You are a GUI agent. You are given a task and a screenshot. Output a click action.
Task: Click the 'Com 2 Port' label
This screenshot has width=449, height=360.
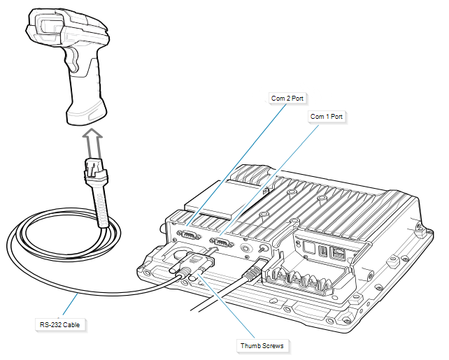coord(287,99)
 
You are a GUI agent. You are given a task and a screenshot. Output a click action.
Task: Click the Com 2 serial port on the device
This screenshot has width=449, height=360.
coord(190,236)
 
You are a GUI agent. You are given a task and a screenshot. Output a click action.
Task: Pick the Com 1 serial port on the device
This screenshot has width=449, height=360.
coord(222,244)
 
